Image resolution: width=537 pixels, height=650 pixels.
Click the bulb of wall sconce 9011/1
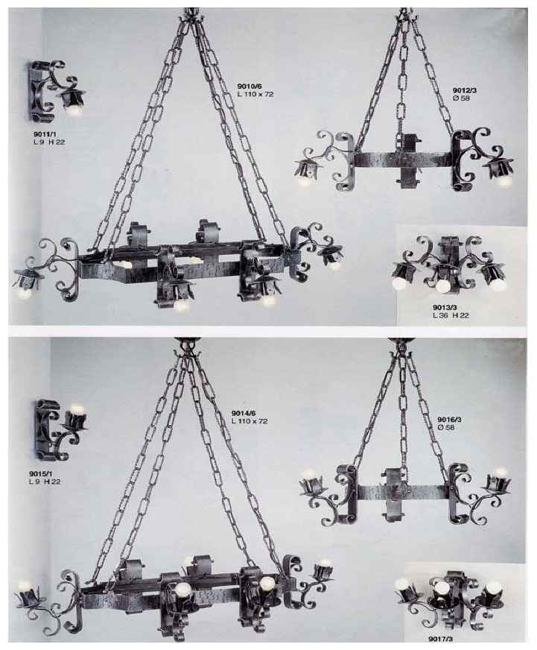coord(74,110)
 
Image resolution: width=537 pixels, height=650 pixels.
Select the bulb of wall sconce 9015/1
coord(77,408)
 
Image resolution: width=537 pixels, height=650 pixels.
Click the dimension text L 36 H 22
coord(451,315)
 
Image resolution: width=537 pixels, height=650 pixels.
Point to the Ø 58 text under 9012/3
coord(462,98)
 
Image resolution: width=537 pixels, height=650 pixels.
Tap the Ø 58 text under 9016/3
coord(446,427)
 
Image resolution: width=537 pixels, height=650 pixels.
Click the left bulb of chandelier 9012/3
coord(305,180)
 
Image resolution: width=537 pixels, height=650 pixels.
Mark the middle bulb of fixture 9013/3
coord(442,285)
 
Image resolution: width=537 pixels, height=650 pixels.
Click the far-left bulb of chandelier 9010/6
coord(25,293)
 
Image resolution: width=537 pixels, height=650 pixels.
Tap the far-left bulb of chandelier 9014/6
coord(25,585)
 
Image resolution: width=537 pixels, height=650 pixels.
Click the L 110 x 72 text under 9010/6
coord(255,94)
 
